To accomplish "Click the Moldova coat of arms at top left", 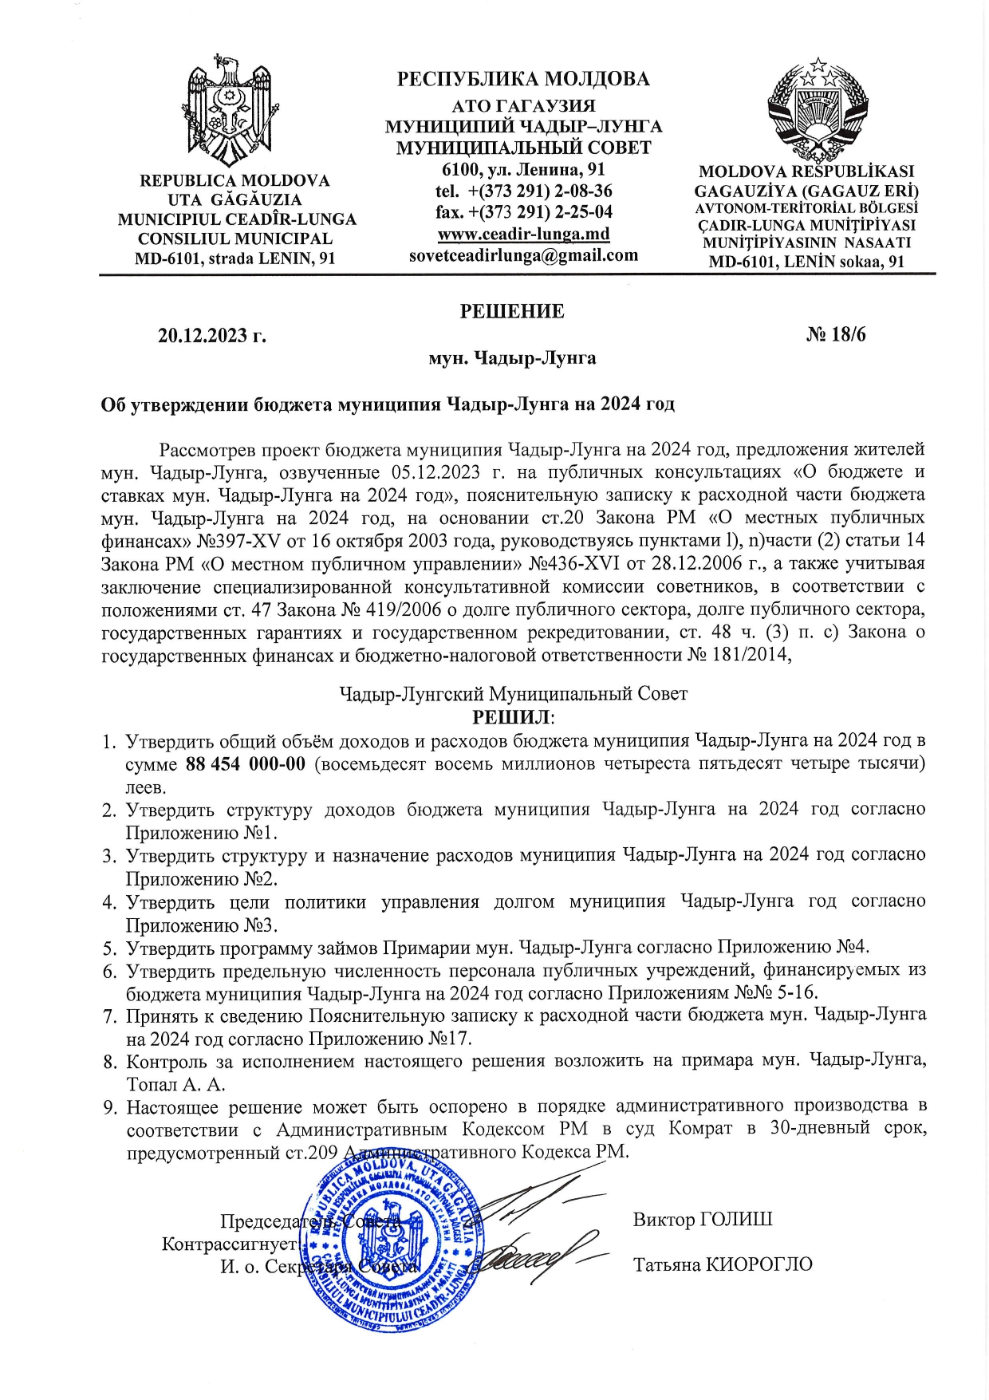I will (230, 109).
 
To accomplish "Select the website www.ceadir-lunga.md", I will (523, 235).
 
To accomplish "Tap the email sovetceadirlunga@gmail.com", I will (523, 255).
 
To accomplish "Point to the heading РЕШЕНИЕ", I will (512, 311).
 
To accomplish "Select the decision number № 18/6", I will (835, 334).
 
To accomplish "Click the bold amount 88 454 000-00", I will (246, 764).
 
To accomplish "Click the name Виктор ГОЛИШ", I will (702, 1220).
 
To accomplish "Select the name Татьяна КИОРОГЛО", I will (723, 1264).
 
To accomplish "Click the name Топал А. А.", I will (175, 1085).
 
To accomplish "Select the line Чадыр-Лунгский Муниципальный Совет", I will (513, 694).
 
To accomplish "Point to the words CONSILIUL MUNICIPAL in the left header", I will (235, 239).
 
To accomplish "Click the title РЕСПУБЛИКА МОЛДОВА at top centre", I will (523, 79).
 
